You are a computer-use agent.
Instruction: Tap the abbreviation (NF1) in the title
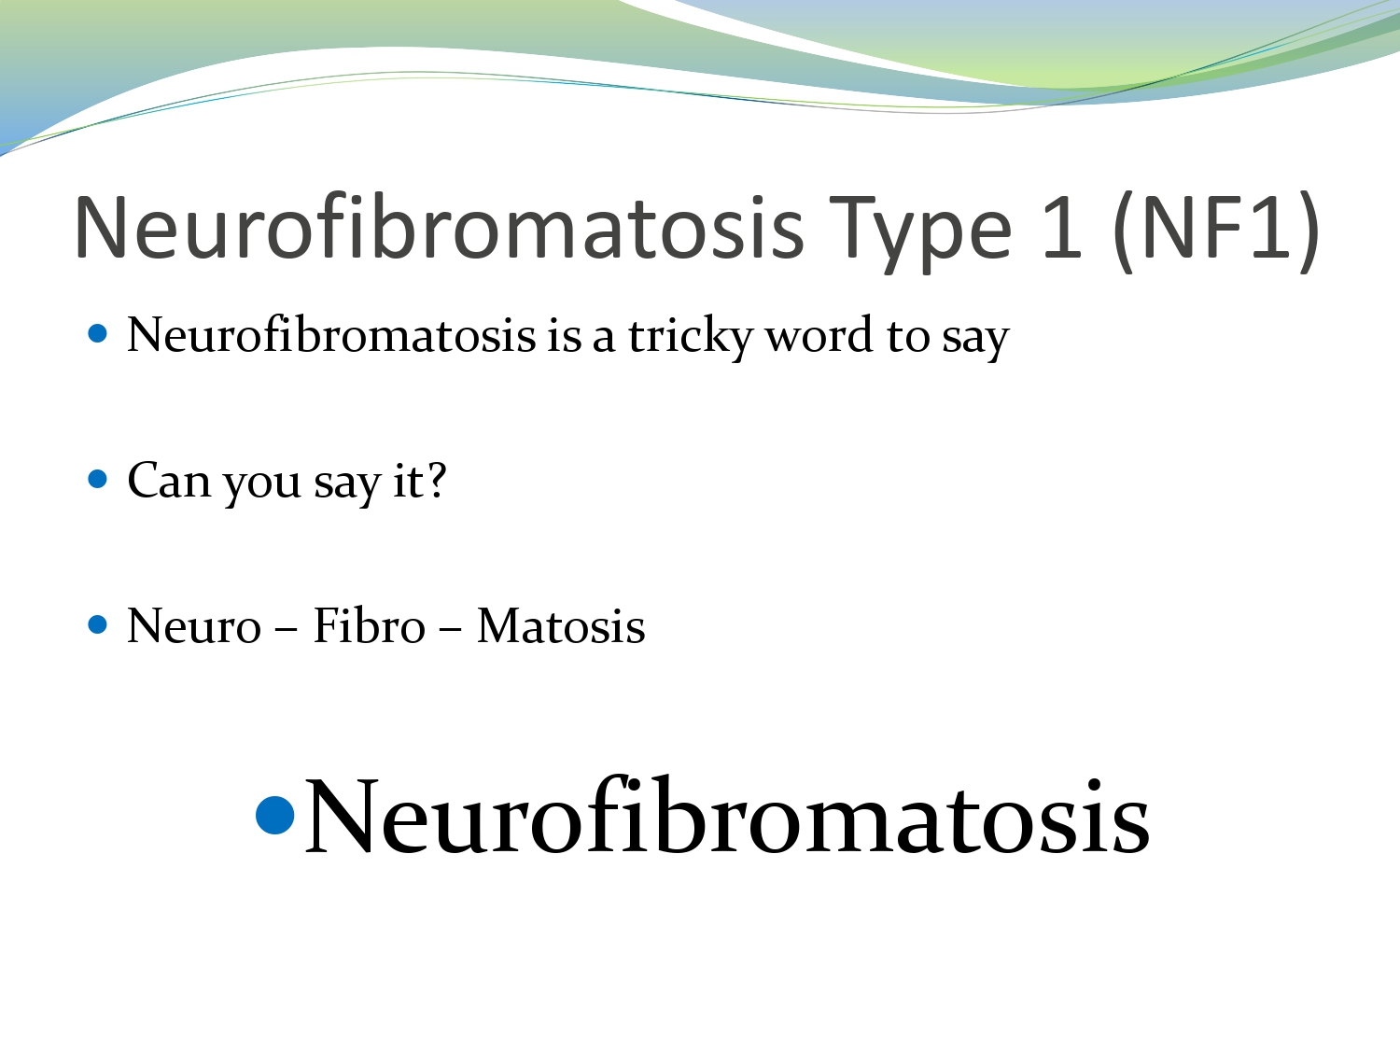tap(1216, 230)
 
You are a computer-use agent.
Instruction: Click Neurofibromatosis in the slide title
tap(439, 230)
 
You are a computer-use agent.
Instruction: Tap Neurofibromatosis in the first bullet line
tap(331, 336)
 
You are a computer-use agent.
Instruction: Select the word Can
tap(169, 482)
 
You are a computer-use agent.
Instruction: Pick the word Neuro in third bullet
tap(194, 626)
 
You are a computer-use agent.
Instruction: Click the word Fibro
tap(369, 626)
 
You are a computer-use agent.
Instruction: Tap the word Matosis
tap(561, 626)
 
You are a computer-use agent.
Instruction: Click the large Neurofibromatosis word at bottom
tap(727, 818)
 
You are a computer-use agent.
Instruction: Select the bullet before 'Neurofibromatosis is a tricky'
tap(98, 333)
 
